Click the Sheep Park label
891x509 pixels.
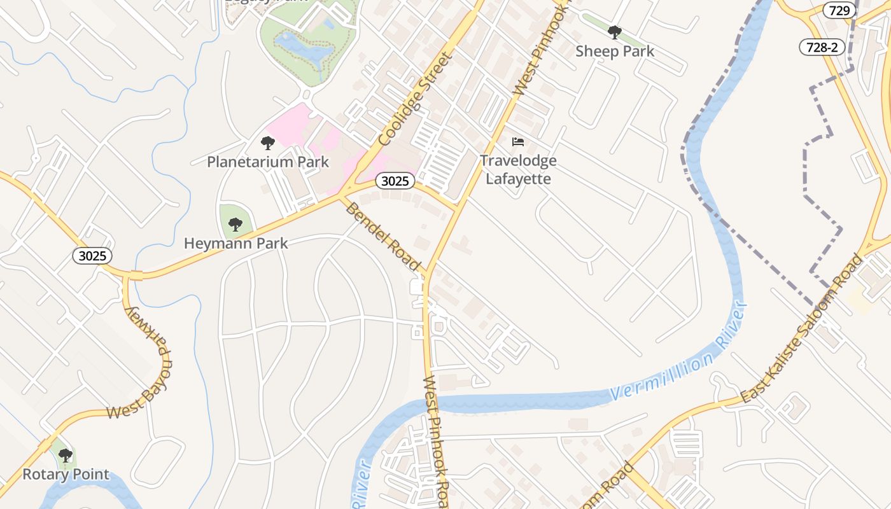pyautogui.click(x=614, y=52)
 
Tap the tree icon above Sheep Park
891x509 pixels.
pyautogui.click(x=614, y=32)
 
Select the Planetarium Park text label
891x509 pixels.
pyautogui.click(x=268, y=162)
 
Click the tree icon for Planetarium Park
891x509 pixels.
pyautogui.click(x=268, y=143)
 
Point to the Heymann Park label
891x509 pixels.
pyautogui.click(x=235, y=243)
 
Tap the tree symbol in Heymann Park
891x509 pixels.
pyautogui.click(x=235, y=224)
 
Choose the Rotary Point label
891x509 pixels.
pyautogui.click(x=66, y=474)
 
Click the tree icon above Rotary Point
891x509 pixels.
pyautogui.click(x=66, y=456)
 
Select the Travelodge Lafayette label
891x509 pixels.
pyautogui.click(x=518, y=169)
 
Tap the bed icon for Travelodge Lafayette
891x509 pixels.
pyautogui.click(x=518, y=141)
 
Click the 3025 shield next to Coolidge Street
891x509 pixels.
pyautogui.click(x=395, y=181)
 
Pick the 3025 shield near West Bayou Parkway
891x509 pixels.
pyautogui.click(x=92, y=256)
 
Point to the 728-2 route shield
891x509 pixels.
pyautogui.click(x=822, y=47)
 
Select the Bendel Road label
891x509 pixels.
pyautogui.click(x=382, y=236)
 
